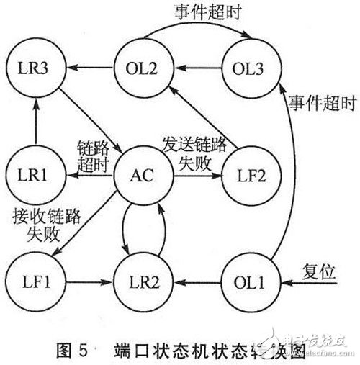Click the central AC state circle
[145, 175]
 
